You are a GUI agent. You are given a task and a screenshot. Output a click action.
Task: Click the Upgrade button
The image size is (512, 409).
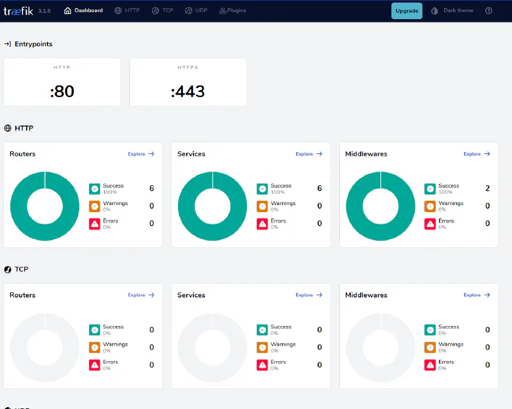(406, 11)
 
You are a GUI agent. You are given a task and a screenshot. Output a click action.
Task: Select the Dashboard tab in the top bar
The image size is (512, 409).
(83, 10)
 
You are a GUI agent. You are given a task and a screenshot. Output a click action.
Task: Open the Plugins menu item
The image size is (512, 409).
(232, 10)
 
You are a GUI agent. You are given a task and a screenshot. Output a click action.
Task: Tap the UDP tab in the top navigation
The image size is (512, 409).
(196, 10)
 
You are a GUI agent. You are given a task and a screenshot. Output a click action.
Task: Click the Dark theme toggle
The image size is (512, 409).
(452, 10)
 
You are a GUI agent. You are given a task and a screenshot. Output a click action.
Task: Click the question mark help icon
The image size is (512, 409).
(488, 10)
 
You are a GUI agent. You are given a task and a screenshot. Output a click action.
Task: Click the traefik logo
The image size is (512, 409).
(19, 11)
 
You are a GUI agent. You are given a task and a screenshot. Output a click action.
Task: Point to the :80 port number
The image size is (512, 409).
(62, 91)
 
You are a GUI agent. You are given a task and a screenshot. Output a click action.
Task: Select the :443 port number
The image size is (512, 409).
(188, 91)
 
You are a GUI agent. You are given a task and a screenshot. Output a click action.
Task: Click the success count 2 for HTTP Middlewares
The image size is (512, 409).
(488, 188)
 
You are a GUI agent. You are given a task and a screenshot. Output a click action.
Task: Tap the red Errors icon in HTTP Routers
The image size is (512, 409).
(95, 224)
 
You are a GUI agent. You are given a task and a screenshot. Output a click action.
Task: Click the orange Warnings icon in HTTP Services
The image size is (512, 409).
(262, 206)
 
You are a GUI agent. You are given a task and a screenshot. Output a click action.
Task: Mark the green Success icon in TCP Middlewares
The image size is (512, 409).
(430, 330)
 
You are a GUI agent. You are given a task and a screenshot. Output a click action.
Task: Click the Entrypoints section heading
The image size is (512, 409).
(33, 44)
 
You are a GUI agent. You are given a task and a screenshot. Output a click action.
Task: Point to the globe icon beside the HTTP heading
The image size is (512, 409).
(8, 128)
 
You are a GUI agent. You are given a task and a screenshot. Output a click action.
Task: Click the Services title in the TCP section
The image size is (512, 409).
(191, 295)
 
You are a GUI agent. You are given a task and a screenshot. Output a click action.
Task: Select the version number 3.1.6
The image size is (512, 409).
(44, 11)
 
